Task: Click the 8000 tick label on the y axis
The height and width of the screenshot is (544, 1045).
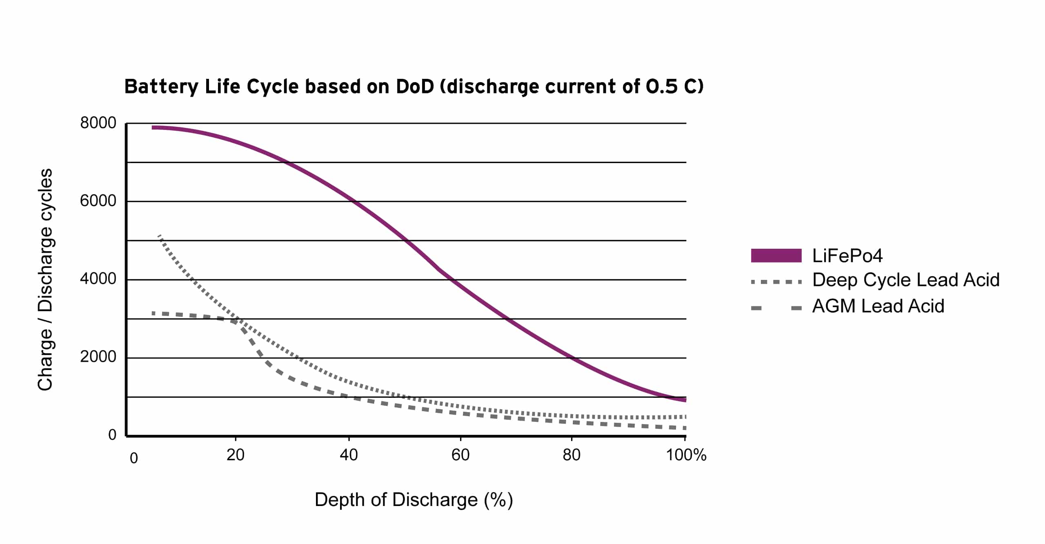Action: [98, 123]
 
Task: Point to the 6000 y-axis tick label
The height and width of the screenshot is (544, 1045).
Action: [98, 201]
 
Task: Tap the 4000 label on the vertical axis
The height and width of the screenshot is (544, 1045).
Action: [98, 279]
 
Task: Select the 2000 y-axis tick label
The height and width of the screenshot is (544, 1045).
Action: [98, 357]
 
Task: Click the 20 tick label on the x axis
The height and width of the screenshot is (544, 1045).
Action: [236, 455]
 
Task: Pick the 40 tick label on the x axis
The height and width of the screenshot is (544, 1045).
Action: [349, 455]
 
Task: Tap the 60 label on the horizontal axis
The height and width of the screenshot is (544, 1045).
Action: [460, 455]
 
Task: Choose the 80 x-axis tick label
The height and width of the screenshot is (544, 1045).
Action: [571, 455]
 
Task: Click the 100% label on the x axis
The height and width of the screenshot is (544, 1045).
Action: [686, 455]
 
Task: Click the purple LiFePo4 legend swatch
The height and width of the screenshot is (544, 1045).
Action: [776, 256]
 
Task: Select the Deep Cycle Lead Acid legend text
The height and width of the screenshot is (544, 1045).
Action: [906, 280]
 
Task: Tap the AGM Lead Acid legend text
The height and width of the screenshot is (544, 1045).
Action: [878, 306]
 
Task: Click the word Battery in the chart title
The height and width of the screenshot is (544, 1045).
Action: [162, 87]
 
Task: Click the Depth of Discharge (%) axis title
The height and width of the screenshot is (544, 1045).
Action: [414, 500]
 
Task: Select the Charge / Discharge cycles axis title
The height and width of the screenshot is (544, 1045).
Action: [45, 280]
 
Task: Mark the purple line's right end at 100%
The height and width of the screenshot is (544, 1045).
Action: [685, 400]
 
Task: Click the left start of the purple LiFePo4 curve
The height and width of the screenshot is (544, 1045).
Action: [153, 128]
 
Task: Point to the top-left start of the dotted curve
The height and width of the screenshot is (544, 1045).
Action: [159, 236]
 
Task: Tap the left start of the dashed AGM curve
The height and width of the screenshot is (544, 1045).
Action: [153, 313]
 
